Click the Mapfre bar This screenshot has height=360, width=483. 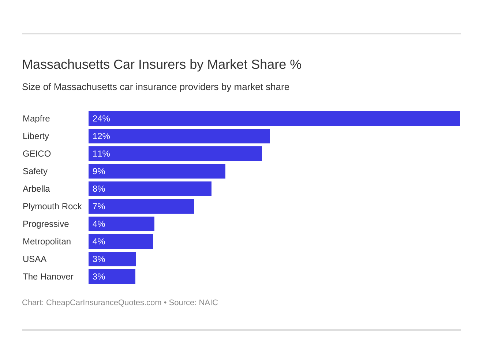(274, 119)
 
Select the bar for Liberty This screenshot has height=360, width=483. (179, 136)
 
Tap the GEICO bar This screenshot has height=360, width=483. (175, 154)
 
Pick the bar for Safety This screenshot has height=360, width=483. (157, 171)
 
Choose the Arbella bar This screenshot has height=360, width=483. (150, 189)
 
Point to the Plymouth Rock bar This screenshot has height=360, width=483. (141, 206)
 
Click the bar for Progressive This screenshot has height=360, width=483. (121, 224)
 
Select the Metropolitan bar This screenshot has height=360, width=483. (121, 241)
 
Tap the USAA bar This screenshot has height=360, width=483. (112, 259)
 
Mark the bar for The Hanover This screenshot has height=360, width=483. (112, 277)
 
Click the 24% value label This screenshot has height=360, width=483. (101, 119)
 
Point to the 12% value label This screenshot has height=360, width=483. (101, 136)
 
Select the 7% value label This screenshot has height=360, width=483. (99, 206)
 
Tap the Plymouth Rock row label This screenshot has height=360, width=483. (52, 206)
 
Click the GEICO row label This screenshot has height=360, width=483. (37, 154)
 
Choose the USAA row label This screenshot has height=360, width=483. (34, 259)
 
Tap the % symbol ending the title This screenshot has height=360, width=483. (296, 64)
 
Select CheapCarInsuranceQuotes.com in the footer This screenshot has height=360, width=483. (104, 303)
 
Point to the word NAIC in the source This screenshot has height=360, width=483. (208, 303)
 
